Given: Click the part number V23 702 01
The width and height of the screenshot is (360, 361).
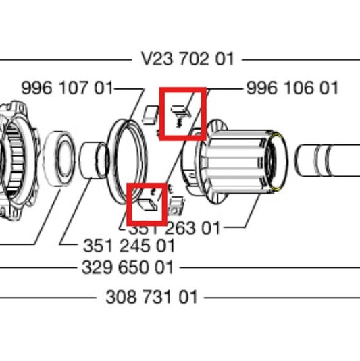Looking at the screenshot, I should click(x=188, y=59).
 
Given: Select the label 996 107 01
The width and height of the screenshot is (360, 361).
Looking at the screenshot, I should click(x=67, y=88).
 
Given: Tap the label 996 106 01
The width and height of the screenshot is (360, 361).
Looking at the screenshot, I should click(x=292, y=88).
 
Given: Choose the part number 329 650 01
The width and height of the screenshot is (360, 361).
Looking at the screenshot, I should click(x=128, y=267).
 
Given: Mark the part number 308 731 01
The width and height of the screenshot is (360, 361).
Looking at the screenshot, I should click(x=152, y=297).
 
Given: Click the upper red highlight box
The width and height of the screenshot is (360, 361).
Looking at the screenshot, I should click(x=182, y=113).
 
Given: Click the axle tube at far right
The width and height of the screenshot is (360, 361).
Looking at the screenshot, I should click(x=328, y=162).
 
